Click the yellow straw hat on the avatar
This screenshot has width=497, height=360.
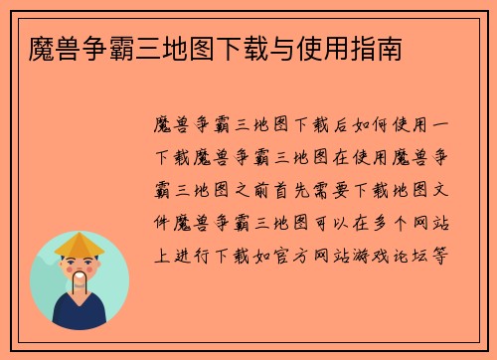80,244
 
